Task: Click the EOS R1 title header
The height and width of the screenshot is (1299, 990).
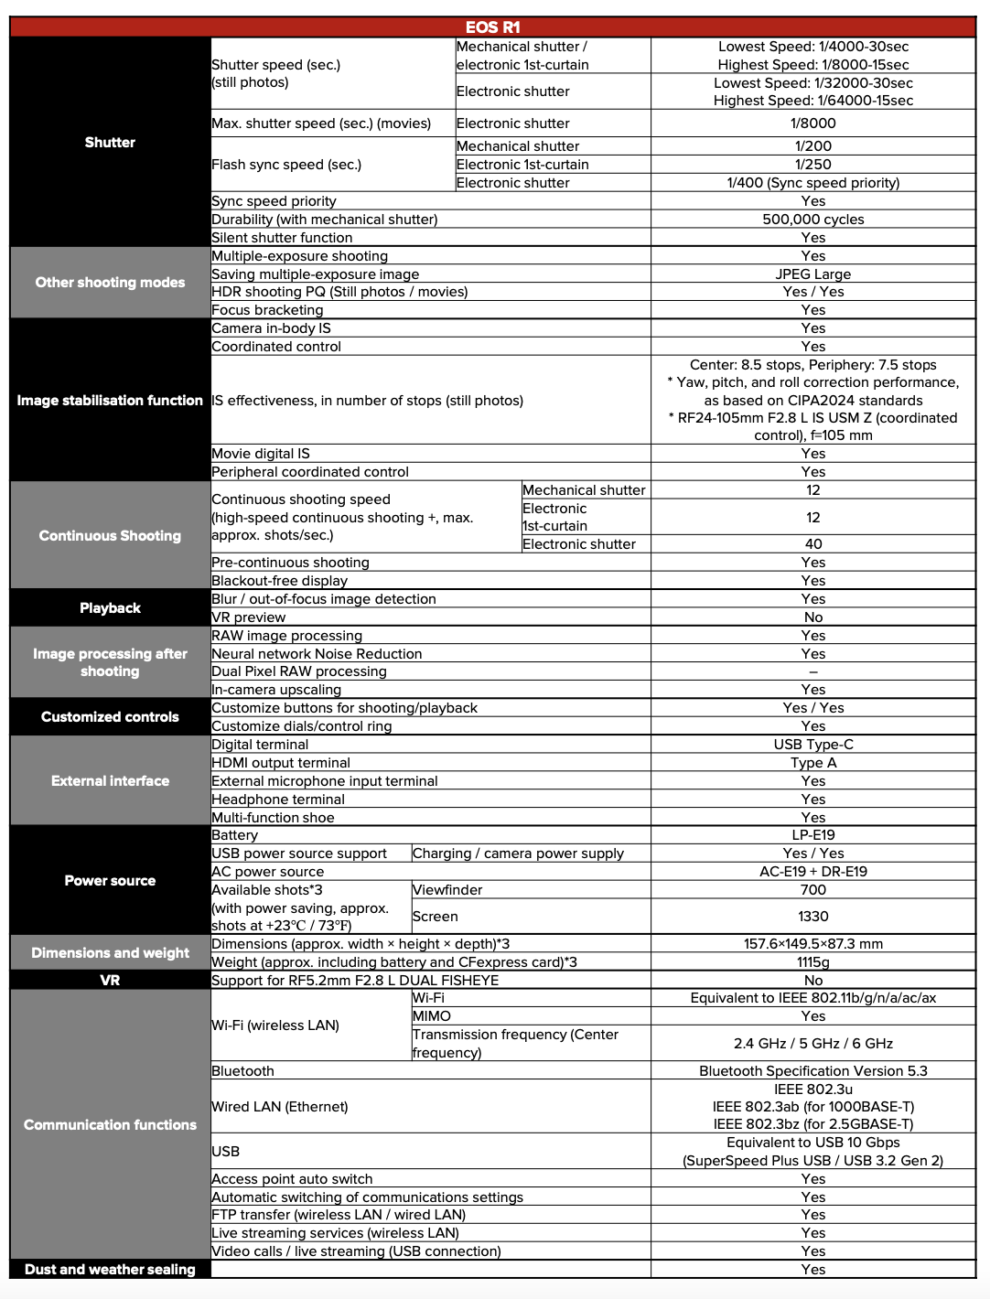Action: (x=492, y=27)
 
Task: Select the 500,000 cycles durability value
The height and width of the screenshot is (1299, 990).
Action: (x=812, y=220)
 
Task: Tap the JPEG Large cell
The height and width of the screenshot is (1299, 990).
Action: (x=812, y=274)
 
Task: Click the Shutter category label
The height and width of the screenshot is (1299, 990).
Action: (x=110, y=143)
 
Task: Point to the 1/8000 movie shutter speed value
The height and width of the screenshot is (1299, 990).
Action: (x=812, y=123)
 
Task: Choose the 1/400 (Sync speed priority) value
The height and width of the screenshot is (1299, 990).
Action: (x=812, y=183)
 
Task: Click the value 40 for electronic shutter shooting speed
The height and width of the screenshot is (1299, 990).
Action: (x=812, y=544)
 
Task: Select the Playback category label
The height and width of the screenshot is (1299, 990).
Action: (x=110, y=608)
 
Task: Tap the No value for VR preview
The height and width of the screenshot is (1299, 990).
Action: (x=812, y=617)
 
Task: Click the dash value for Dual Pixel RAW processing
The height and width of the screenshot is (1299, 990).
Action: (x=812, y=671)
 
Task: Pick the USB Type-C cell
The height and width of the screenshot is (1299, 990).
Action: (x=812, y=745)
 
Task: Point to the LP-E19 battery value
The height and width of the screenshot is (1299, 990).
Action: (x=812, y=835)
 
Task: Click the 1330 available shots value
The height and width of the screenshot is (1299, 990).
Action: (x=812, y=917)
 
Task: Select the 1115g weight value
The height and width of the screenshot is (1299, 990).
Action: (x=812, y=962)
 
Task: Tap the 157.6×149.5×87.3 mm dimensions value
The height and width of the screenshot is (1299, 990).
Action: (x=812, y=944)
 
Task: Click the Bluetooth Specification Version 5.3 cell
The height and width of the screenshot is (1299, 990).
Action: (x=812, y=1071)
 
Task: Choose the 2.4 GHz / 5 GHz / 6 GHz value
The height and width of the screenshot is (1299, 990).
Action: (x=812, y=1044)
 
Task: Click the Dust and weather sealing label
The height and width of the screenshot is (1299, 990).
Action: (x=110, y=1270)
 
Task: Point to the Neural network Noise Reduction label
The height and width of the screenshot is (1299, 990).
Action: (x=317, y=654)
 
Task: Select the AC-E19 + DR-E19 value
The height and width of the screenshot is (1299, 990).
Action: (x=812, y=872)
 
